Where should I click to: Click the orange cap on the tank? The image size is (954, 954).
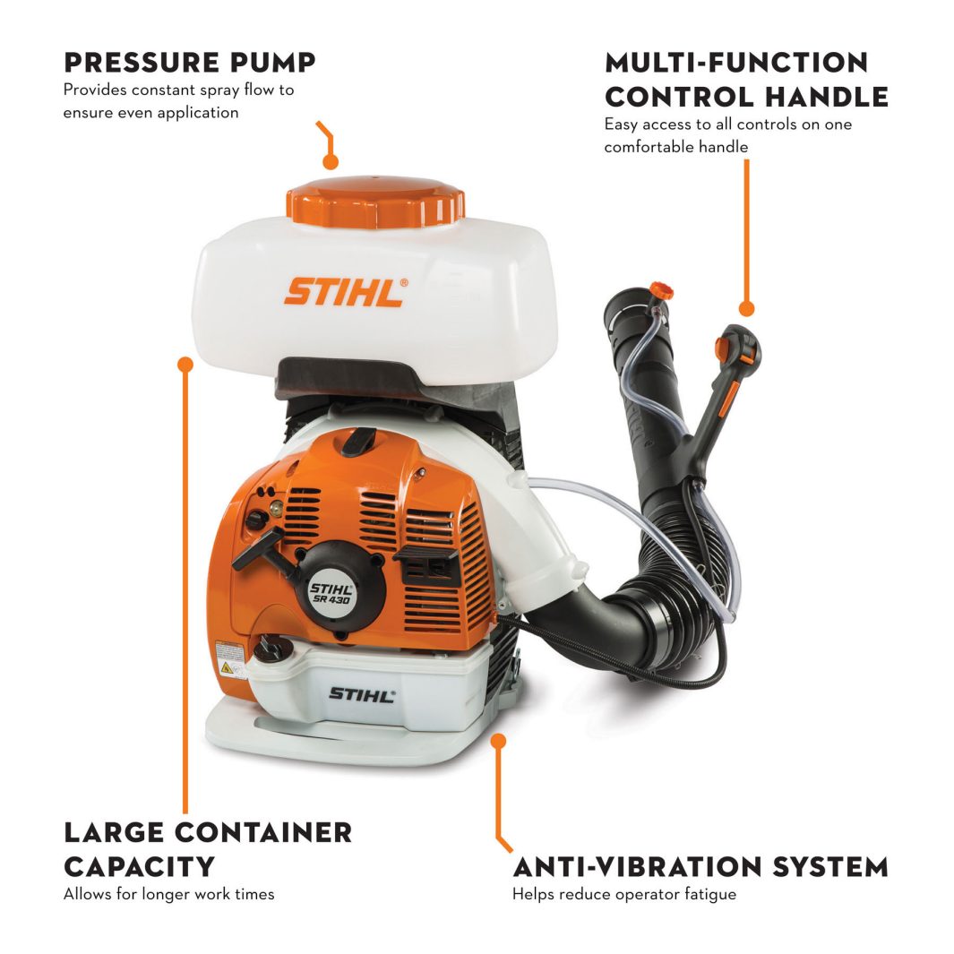click(375, 201)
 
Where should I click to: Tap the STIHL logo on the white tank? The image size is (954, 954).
click(346, 292)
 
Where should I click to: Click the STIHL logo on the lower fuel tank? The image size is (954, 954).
click(361, 694)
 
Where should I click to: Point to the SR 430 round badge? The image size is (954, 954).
click(331, 592)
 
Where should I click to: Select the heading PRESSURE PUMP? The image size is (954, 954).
click(189, 63)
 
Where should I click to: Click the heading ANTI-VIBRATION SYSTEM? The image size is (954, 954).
click(700, 867)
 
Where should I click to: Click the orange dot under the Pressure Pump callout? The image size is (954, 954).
click(331, 162)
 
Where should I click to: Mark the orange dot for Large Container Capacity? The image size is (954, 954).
click(185, 365)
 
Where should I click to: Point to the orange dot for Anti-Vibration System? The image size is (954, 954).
click(499, 742)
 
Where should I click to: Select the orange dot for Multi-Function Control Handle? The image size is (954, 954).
click(746, 309)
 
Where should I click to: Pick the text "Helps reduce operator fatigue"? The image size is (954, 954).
click(623, 894)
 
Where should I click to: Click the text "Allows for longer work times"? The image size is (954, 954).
click(168, 894)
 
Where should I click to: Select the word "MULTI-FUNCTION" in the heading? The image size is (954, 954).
click(736, 63)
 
